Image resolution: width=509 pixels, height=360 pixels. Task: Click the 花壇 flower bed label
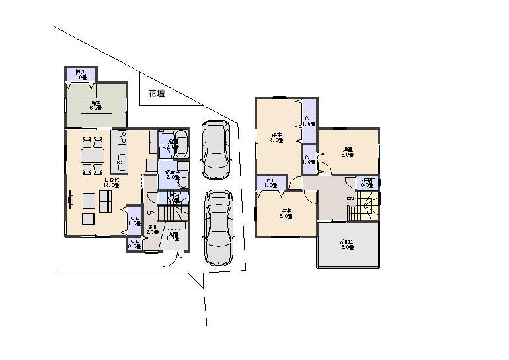[156, 94]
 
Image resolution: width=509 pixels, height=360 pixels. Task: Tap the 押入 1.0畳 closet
[81, 75]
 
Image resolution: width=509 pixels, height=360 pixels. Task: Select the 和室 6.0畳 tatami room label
[96, 105]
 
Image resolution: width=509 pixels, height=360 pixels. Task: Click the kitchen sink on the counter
[121, 160]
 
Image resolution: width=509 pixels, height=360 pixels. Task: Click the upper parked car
[215, 149]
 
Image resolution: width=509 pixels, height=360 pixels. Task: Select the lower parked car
[218, 227]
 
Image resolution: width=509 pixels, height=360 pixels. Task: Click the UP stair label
[151, 213]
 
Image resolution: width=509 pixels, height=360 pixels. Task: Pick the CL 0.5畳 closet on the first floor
[134, 244]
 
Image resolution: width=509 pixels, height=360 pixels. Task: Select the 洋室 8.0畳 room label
[276, 137]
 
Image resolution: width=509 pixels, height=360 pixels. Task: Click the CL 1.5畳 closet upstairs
[309, 121]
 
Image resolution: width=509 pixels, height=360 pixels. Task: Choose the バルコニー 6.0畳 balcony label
[348, 243]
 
